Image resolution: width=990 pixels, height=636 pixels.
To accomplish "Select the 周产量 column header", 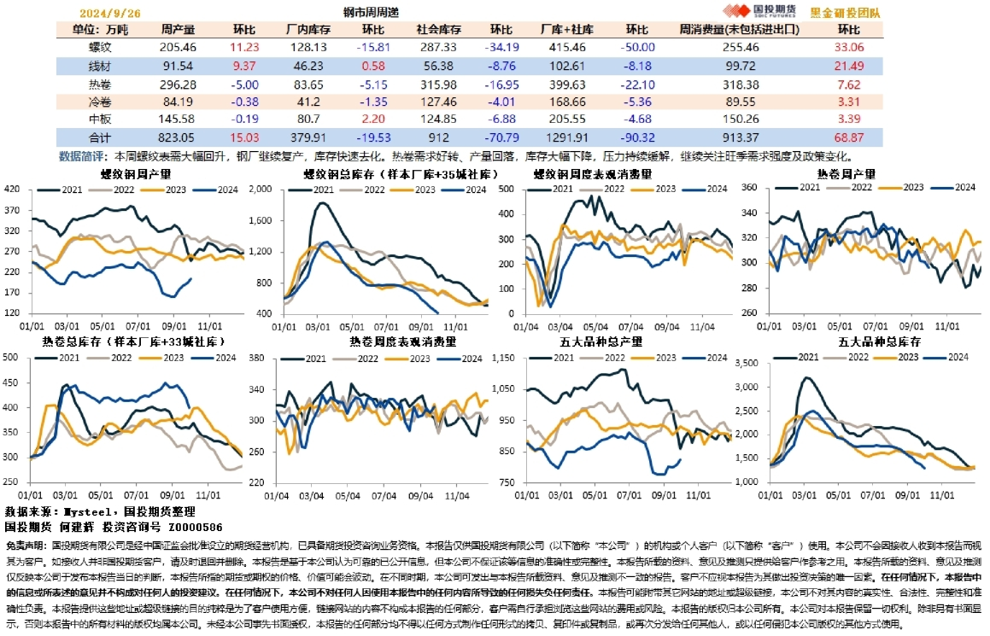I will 178,29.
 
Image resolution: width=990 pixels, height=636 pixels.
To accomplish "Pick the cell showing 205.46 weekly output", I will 178,47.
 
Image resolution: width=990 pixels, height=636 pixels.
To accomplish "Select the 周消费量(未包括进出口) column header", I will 739,29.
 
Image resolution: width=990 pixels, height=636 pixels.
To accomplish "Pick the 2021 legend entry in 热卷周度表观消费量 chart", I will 308,359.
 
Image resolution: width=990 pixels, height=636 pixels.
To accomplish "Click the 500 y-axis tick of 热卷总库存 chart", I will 12,357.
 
